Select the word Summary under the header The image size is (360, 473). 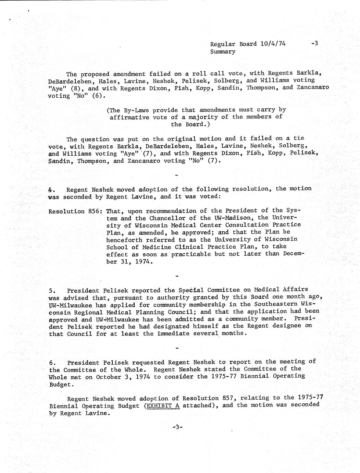[223, 52]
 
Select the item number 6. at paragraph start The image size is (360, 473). [52, 363]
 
